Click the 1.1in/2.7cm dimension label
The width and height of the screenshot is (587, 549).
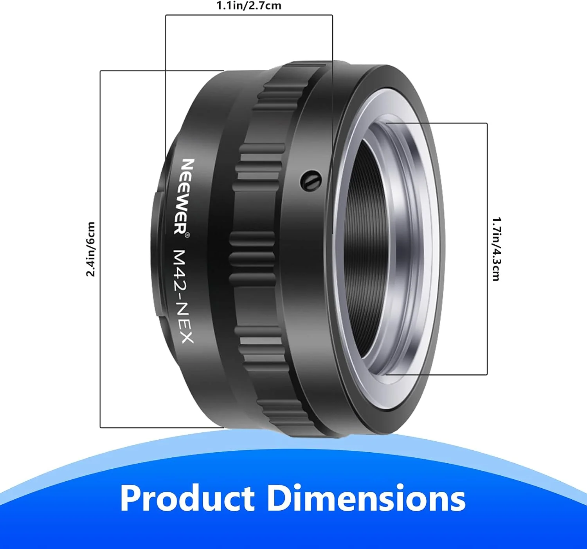249,6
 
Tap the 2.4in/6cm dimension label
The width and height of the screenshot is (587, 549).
91,249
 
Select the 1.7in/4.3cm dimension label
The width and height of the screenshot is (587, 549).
496,249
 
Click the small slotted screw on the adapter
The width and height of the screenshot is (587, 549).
311,180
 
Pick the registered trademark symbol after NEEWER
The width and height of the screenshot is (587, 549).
187,235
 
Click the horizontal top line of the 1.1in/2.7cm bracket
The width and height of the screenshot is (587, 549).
249,15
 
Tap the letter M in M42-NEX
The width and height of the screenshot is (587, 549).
180,256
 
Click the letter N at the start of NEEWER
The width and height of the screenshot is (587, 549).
189,164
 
